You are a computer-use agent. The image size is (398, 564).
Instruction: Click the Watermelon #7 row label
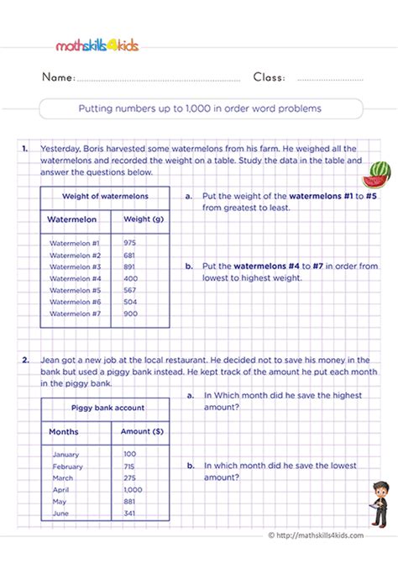[76, 314]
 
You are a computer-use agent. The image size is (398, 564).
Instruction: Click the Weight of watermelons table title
[106, 196]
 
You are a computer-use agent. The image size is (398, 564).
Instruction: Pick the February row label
[68, 466]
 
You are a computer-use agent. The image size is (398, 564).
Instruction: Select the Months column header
[65, 431]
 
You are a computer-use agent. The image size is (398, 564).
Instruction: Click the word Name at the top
[58, 78]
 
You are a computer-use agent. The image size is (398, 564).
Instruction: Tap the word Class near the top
[269, 78]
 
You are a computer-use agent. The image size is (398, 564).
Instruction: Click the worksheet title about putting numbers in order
[201, 108]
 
